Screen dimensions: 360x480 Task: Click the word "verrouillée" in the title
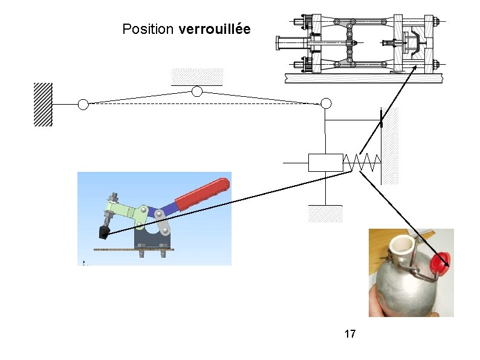[x=215, y=29]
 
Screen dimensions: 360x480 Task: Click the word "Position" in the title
[x=148, y=29]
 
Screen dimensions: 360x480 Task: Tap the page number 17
[x=349, y=333]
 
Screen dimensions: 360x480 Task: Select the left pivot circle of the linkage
[x=83, y=105]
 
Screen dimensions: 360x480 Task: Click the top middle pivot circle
[x=196, y=92]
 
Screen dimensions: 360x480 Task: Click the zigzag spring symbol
[x=362, y=162]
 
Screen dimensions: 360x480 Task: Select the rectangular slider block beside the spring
[x=325, y=162]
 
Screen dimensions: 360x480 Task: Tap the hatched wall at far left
[x=43, y=103]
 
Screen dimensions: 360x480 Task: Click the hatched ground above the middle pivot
[x=197, y=77]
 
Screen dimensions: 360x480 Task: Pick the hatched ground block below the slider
[x=325, y=214]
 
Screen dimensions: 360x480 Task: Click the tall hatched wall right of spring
[x=391, y=145]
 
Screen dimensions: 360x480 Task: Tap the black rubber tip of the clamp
[x=104, y=232]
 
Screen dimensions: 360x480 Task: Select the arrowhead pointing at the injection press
[x=415, y=68]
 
